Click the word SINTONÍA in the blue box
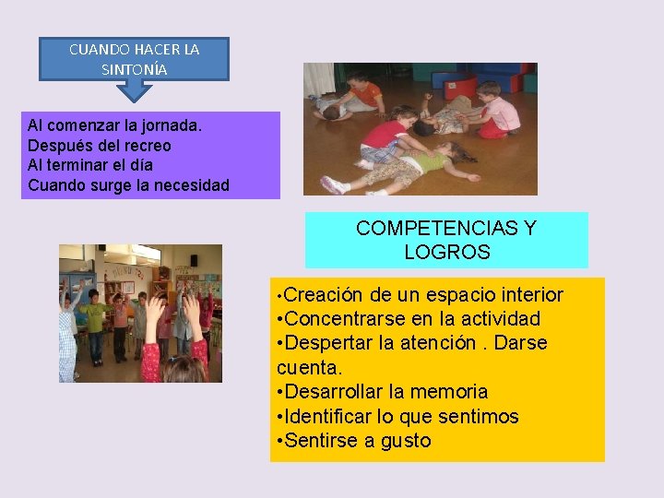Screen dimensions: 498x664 pos(134,68)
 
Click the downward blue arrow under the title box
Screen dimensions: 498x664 pos(135,89)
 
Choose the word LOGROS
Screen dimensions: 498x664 pos(446,252)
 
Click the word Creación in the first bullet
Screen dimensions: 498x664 pos(324,295)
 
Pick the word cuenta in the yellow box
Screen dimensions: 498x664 pos(308,368)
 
